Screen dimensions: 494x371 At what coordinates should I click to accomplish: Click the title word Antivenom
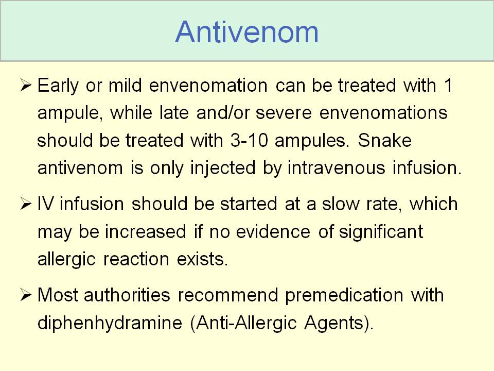pyautogui.click(x=246, y=32)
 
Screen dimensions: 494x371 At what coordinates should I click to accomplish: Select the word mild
pyautogui.click(x=125, y=85)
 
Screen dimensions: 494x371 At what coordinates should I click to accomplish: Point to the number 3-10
pyautogui.click(x=249, y=140)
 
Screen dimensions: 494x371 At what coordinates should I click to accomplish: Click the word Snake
pyautogui.click(x=385, y=140)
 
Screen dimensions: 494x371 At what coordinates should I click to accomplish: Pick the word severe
pyautogui.click(x=284, y=113)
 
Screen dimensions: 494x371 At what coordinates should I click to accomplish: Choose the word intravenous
pyautogui.click(x=337, y=167)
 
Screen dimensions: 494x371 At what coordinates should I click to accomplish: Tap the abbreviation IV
pyautogui.click(x=45, y=204)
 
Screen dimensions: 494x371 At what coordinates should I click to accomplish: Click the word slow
pyautogui.click(x=340, y=204)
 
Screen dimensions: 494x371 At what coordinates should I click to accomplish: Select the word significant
pyautogui.click(x=381, y=232)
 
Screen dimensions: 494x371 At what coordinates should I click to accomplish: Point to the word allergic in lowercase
pyautogui.click(x=66, y=260)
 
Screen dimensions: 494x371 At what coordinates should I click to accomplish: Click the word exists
pyautogui.click(x=202, y=259)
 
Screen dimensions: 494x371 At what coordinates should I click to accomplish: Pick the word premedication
pyautogui.click(x=344, y=296)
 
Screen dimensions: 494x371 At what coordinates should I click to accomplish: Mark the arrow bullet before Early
pyautogui.click(x=26, y=85)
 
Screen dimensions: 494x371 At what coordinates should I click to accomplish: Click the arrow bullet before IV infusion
pyautogui.click(x=26, y=204)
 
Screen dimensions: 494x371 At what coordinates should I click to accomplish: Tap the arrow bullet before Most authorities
pyautogui.click(x=26, y=295)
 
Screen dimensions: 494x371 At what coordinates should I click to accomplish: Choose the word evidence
pyautogui.click(x=273, y=231)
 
